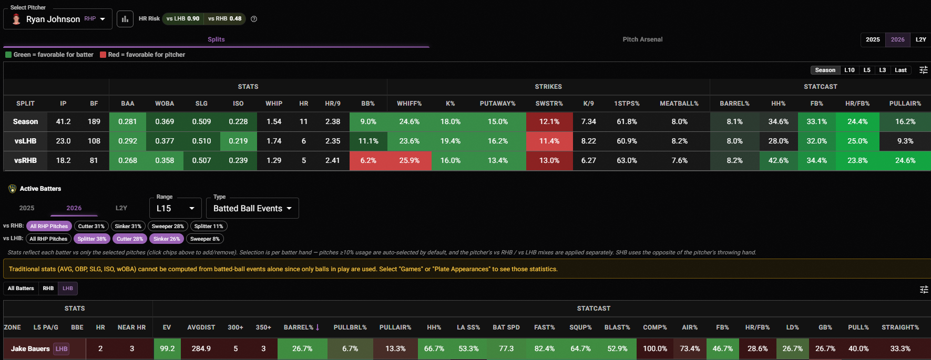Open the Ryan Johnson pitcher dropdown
(x=58, y=19)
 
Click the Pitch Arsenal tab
(x=642, y=39)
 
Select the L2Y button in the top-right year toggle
(x=920, y=39)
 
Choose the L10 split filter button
(x=849, y=70)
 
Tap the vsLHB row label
(x=25, y=141)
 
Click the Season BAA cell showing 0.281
(x=128, y=121)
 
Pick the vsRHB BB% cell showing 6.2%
(x=368, y=160)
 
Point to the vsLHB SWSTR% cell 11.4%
(x=549, y=141)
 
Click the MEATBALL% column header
(x=679, y=104)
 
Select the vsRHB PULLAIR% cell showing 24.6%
(x=905, y=160)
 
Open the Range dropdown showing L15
(x=176, y=208)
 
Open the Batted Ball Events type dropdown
(x=252, y=208)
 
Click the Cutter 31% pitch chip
(x=91, y=226)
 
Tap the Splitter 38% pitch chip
(x=92, y=239)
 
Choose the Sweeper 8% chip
(x=205, y=239)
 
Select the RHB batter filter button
(x=48, y=288)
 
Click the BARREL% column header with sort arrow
(x=302, y=327)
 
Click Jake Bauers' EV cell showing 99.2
(x=167, y=348)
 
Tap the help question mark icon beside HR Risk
(x=254, y=19)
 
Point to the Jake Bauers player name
(x=30, y=348)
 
